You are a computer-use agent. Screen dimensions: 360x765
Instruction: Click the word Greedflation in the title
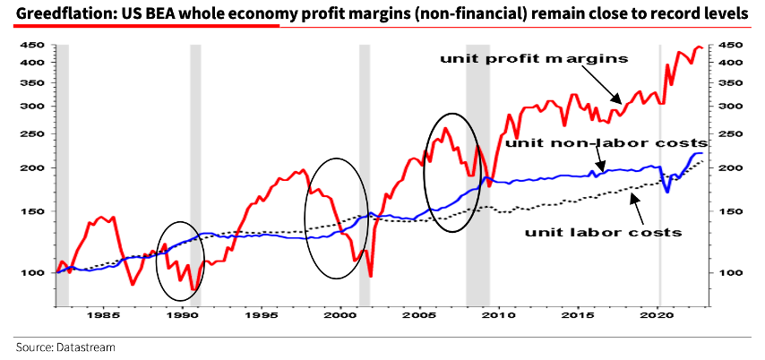[x=52, y=14]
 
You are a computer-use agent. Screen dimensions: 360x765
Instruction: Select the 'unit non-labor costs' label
[x=606, y=142]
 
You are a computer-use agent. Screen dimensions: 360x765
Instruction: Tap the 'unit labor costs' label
[x=603, y=232]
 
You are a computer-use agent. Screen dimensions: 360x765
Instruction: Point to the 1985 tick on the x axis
[x=101, y=315]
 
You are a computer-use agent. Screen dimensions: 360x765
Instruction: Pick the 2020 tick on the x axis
[x=658, y=315]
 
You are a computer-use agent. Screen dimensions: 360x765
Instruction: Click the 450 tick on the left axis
[x=32, y=45]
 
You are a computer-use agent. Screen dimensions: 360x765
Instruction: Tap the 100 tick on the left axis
[x=32, y=272]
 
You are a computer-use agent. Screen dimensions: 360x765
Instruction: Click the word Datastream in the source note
[x=88, y=347]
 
